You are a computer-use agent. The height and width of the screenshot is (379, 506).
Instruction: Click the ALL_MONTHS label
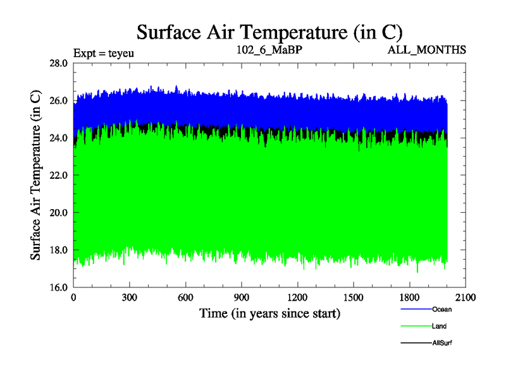click(427, 49)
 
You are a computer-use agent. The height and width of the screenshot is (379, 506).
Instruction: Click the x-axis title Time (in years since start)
click(270, 313)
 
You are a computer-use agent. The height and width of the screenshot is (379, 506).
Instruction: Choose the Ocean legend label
click(442, 310)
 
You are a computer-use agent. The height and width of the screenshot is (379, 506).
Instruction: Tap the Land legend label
click(440, 327)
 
